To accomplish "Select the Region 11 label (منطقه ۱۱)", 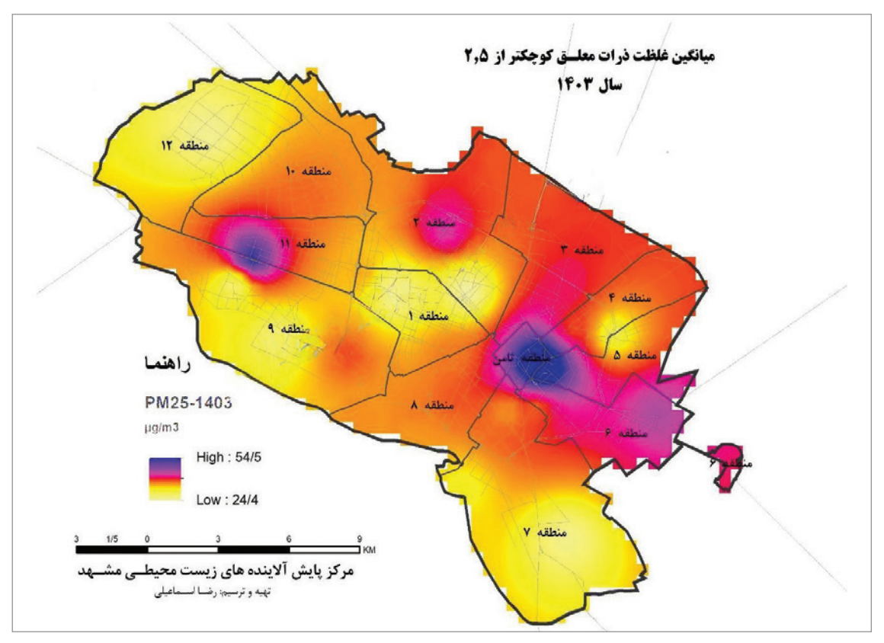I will pyautogui.click(x=301, y=244).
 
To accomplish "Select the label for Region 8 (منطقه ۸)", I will pyautogui.click(x=437, y=405).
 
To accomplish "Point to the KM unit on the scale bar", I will pyautogui.click(x=370, y=549).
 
